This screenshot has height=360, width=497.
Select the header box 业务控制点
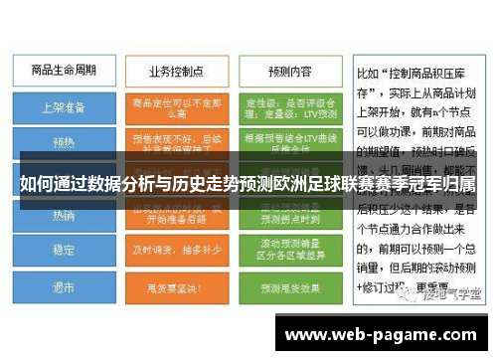point(176,73)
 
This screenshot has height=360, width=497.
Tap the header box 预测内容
point(289,73)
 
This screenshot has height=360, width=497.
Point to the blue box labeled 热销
point(62,214)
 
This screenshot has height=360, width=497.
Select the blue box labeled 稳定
point(62,250)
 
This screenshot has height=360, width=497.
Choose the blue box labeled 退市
point(62,288)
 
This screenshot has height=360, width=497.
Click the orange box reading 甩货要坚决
point(176,288)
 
